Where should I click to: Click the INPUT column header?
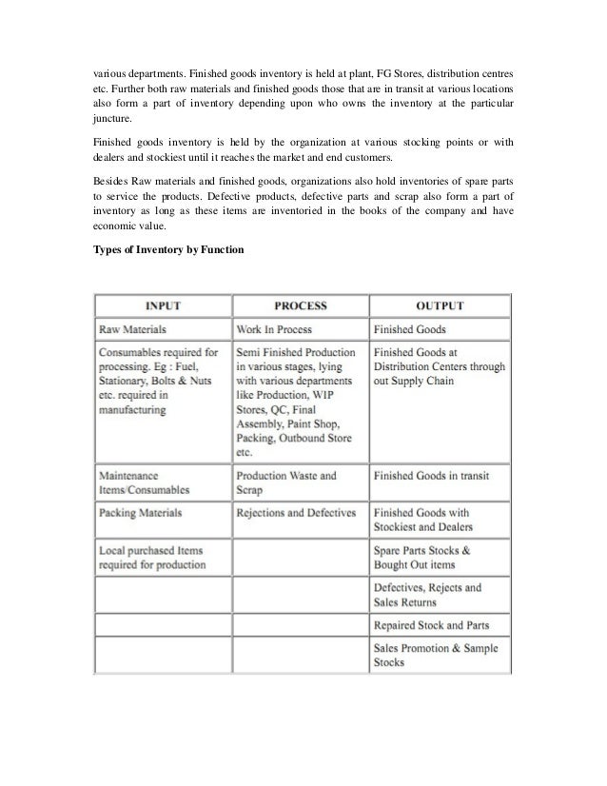(163, 306)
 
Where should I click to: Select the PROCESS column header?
(300, 306)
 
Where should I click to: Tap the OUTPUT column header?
(440, 306)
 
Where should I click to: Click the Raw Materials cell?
(133, 328)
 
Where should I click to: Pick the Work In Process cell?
(277, 328)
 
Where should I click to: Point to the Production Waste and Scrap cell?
(286, 482)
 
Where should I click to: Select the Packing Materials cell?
(140, 513)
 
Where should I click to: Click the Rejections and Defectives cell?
(296, 513)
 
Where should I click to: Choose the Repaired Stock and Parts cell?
(430, 626)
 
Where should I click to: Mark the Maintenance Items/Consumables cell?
(144, 482)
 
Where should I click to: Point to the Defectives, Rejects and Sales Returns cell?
(428, 595)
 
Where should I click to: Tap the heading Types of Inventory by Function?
(168, 249)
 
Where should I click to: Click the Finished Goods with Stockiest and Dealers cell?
(423, 520)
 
